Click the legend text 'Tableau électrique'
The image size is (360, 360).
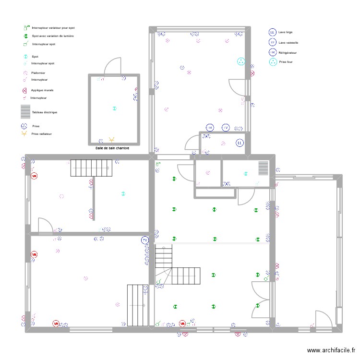pos(44,112)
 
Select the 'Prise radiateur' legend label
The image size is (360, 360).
pos(41,134)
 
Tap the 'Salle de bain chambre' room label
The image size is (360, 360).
pos(112,148)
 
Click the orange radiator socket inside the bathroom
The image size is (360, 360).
pos(112,140)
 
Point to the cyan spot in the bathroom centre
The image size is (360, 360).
pos(114,108)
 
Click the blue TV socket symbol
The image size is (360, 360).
pos(145,240)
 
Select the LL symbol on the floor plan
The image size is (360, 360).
pos(240,143)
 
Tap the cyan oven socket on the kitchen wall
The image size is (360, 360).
pos(240,61)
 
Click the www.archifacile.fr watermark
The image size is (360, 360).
pos(332,351)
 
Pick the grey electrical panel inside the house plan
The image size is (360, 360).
pos(263,168)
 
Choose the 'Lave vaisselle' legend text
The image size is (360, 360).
pos(288,42)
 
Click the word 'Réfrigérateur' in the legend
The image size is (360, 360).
pos(288,52)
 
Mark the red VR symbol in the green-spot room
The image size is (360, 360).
pos(182,324)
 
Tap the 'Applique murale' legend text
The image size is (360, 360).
pos(42,90)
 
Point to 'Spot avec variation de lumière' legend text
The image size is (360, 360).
pos(53,36)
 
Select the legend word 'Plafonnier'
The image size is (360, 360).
pos(38,73)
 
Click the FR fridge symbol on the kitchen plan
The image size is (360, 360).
pos(210,128)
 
